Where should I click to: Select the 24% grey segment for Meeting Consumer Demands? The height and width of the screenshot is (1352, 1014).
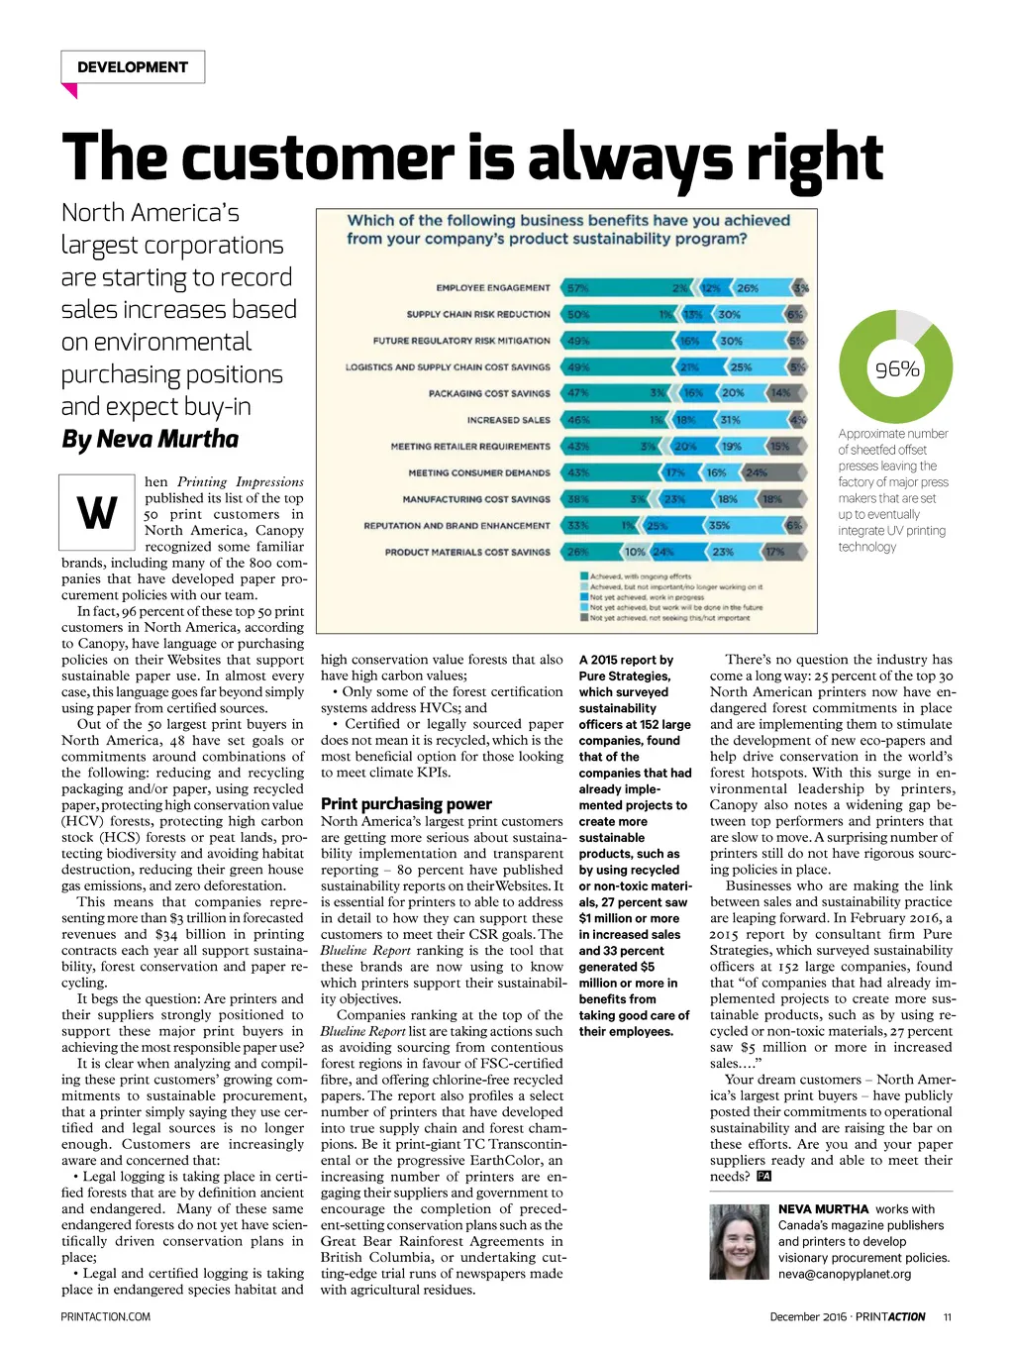click(757, 473)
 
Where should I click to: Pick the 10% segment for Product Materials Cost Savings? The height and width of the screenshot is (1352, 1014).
click(634, 553)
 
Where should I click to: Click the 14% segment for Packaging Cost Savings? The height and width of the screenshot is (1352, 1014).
click(780, 393)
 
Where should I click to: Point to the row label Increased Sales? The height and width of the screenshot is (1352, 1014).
click(508, 420)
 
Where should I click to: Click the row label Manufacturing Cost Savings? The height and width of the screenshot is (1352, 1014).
click(475, 499)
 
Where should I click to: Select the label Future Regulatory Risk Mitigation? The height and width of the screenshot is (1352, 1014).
click(461, 341)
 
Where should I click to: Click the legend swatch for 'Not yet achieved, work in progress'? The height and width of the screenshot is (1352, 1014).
click(584, 597)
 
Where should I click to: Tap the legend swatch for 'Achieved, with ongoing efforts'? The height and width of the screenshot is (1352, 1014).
click(584, 575)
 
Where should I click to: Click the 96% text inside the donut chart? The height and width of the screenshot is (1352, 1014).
click(897, 369)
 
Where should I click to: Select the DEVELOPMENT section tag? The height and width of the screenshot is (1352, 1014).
click(132, 67)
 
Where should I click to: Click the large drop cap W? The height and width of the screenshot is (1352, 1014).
click(96, 513)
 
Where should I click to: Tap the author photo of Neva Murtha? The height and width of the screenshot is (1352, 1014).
click(740, 1241)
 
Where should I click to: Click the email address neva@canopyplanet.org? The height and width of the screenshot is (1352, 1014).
click(844, 1274)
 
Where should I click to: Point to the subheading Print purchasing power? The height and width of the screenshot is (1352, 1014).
click(406, 804)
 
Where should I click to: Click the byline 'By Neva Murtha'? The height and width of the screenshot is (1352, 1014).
click(150, 439)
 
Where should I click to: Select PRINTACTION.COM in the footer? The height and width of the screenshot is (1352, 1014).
click(106, 1316)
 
